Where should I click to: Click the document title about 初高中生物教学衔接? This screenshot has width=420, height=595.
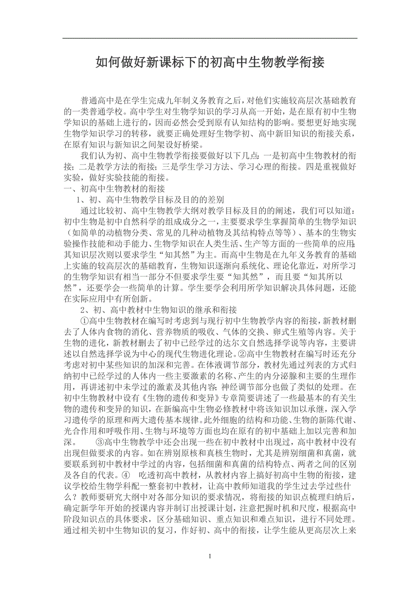click(x=210, y=62)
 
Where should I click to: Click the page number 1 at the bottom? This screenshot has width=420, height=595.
click(x=210, y=556)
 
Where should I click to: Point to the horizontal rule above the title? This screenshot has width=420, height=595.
click(x=210, y=38)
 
